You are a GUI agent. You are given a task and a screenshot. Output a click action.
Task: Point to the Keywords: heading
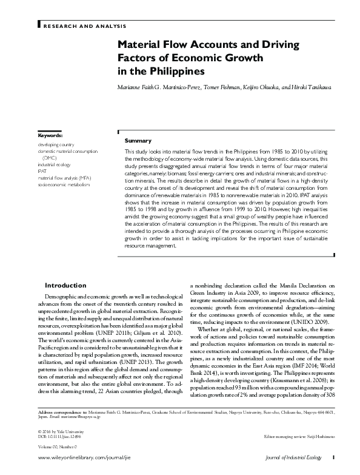click(x=50, y=135)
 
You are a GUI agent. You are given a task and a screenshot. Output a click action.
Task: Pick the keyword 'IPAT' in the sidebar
click(x=42, y=171)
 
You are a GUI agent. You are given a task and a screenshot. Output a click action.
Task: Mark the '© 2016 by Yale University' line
click(x=58, y=431)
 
